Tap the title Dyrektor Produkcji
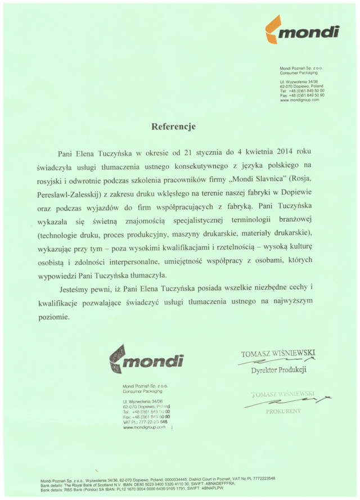point(278,370)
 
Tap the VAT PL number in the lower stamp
point(145,421)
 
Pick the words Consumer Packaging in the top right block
point(299,73)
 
